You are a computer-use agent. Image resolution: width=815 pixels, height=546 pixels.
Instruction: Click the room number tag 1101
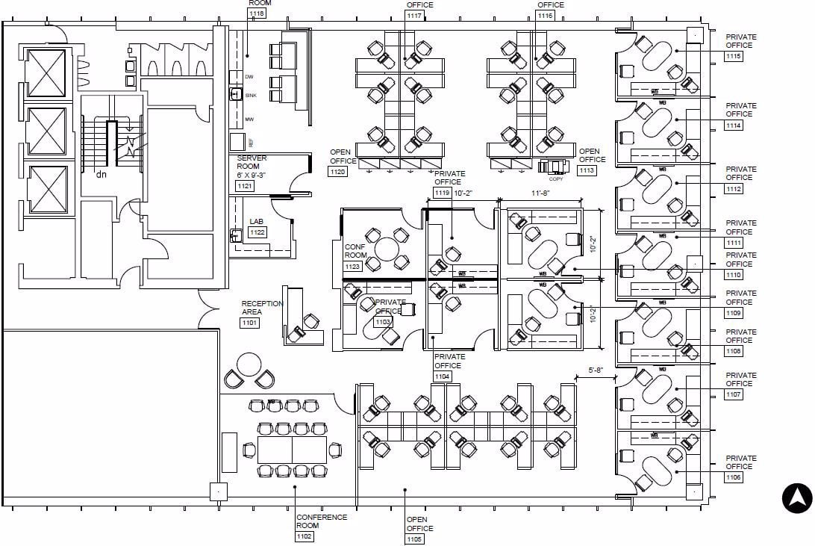point(249,323)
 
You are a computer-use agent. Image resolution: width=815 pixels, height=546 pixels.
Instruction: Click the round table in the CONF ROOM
point(388,249)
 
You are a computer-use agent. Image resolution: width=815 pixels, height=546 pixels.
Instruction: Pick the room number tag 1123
point(352,266)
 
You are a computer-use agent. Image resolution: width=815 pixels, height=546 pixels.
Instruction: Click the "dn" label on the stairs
point(101,175)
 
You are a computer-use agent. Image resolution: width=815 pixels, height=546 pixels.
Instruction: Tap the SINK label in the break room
point(251,95)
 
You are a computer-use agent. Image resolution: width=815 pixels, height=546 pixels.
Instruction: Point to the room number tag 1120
point(337,172)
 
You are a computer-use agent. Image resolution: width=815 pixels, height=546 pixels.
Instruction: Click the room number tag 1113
point(587,170)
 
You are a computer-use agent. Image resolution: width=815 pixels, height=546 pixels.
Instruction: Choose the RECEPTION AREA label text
point(262,308)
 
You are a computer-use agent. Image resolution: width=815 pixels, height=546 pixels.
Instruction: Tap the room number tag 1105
point(415,539)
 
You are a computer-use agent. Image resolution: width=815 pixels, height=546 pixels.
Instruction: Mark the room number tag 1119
point(443,193)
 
